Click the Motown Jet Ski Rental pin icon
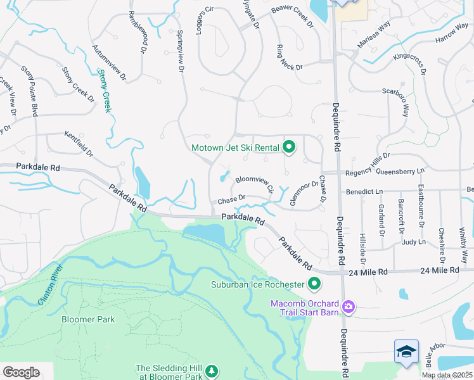tap(289, 148)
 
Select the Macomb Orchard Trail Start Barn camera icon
tap(348, 307)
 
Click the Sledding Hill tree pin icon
tap(212, 370)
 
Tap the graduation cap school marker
tap(406, 351)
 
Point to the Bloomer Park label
tap(88, 319)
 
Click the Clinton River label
tap(51, 284)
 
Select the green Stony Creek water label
tap(105, 92)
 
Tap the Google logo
tap(21, 372)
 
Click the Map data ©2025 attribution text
tap(447, 375)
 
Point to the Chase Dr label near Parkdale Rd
tap(231, 200)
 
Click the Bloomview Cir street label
tap(255, 184)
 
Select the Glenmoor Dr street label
tap(304, 193)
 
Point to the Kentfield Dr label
tap(79, 144)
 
